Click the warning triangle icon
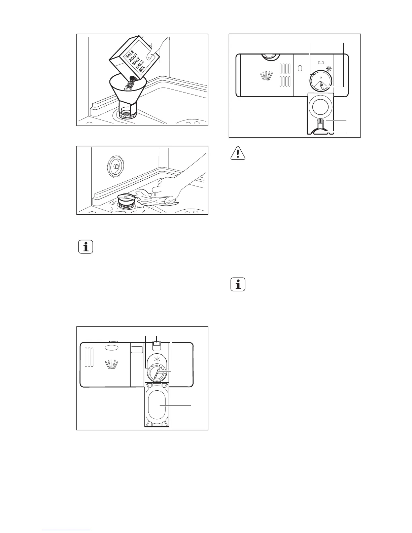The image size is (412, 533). [238, 153]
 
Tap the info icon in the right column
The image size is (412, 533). [238, 285]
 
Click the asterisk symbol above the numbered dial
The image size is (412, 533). [155, 357]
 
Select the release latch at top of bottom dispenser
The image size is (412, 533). [156, 344]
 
